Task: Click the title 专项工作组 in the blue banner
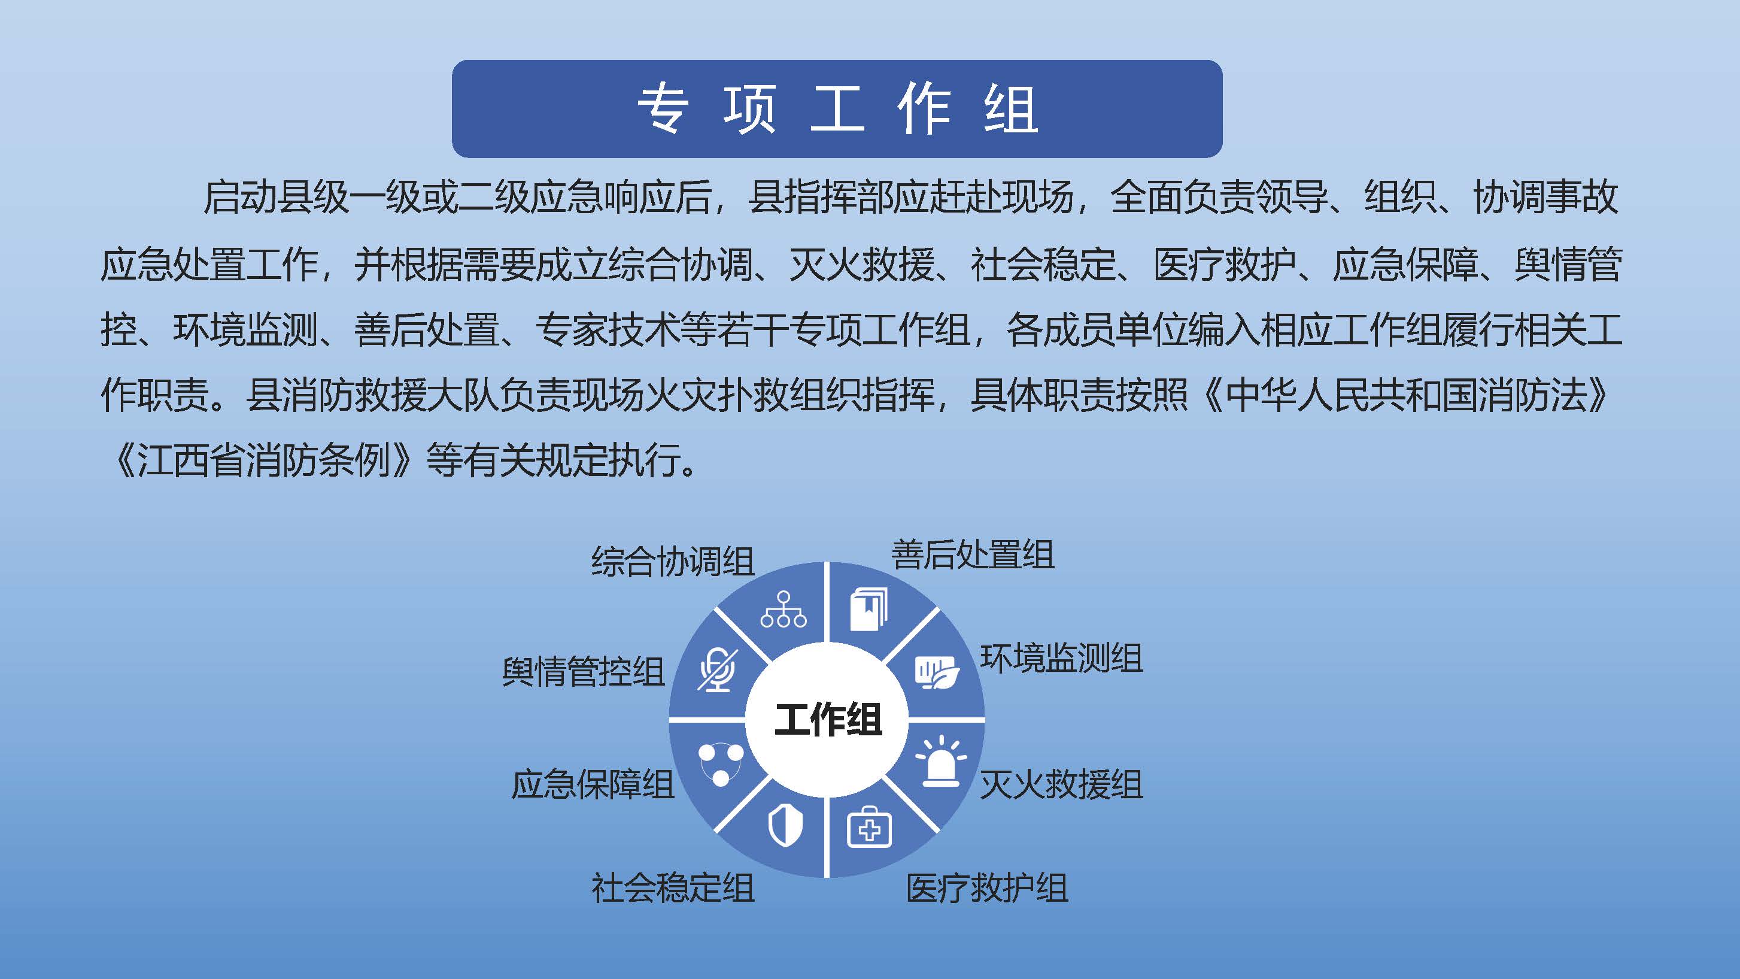click(x=837, y=109)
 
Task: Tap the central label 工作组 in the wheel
click(x=827, y=719)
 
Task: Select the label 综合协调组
click(x=673, y=561)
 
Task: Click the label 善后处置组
click(x=973, y=554)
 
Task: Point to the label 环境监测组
click(x=1061, y=658)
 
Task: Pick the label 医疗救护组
click(x=987, y=888)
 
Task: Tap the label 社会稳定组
click(x=673, y=888)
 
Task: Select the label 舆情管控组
click(x=583, y=672)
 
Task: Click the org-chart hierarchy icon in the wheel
click(x=784, y=610)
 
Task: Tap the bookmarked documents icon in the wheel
click(x=868, y=609)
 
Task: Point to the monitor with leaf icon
click(x=937, y=672)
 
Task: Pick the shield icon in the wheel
click(x=785, y=828)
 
